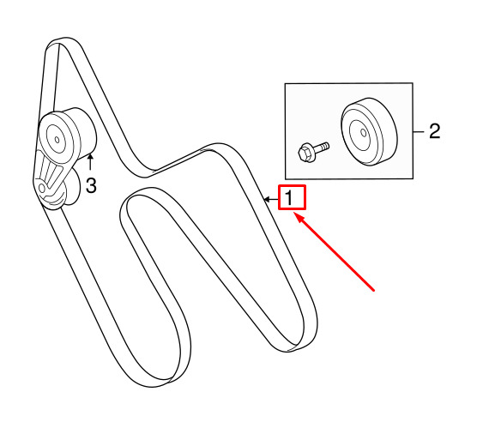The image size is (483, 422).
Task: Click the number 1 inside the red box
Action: click(x=288, y=198)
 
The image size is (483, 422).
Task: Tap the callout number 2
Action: click(x=434, y=131)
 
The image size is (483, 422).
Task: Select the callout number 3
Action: click(x=91, y=185)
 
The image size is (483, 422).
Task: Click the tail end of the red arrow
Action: click(x=374, y=290)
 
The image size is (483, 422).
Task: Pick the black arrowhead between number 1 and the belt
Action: click(x=267, y=200)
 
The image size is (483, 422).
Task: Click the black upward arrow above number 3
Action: click(x=90, y=162)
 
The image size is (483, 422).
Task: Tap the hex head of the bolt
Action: click(x=304, y=154)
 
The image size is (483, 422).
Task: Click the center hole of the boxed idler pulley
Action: click(x=364, y=133)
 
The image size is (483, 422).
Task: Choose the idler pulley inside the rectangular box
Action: click(x=369, y=131)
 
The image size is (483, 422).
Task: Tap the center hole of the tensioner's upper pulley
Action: click(x=57, y=140)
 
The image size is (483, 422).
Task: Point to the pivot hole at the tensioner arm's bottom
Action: click(x=41, y=188)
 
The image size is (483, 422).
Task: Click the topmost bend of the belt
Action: click(x=64, y=39)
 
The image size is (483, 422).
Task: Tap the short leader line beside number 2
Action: click(x=419, y=132)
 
